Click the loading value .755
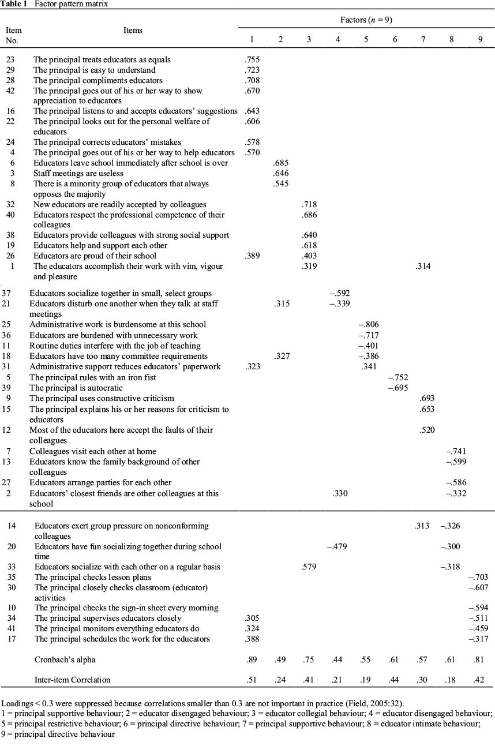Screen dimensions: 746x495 pyautogui.click(x=252, y=59)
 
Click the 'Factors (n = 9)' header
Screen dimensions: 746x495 pyautogui.click(x=366, y=20)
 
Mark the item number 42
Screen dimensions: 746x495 pyautogui.click(x=11, y=91)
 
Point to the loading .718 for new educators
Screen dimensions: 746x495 pyautogui.click(x=309, y=204)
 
